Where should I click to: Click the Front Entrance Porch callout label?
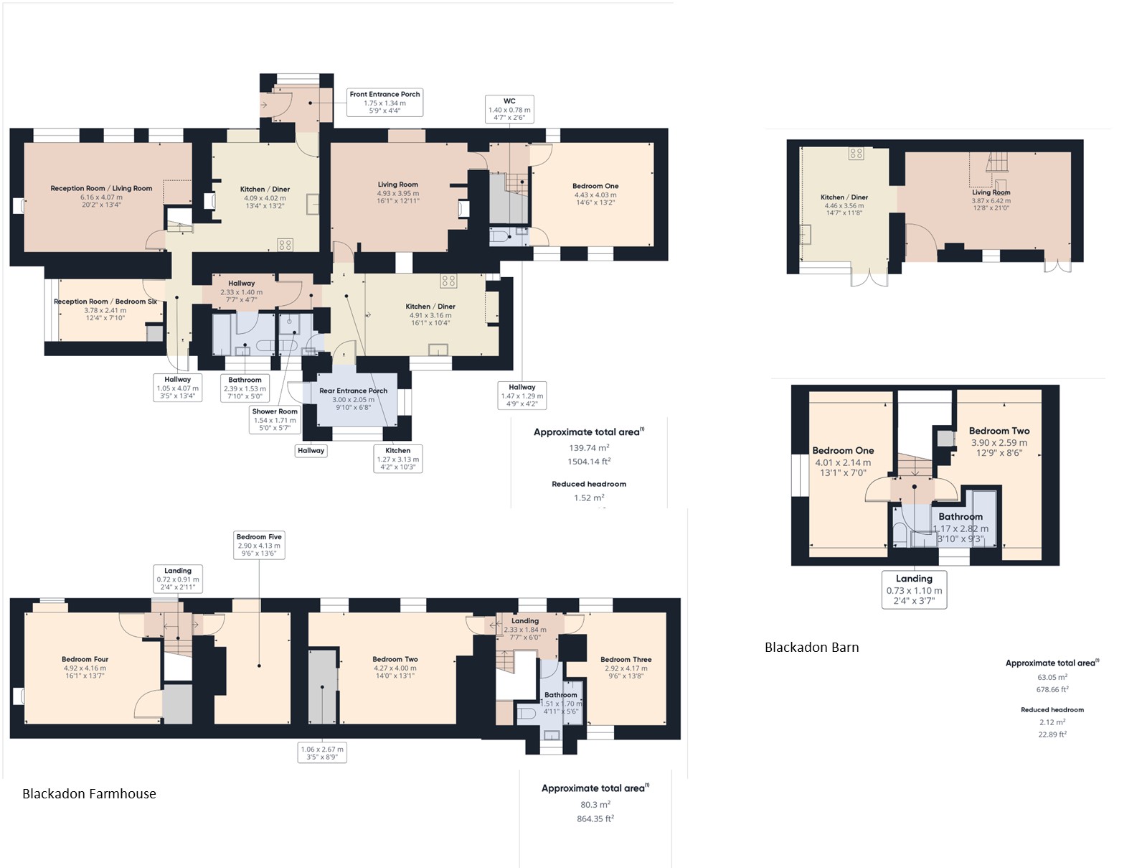point(384,103)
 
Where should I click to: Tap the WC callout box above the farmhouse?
point(509,109)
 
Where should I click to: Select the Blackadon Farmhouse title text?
point(89,793)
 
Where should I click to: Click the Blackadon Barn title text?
point(811,647)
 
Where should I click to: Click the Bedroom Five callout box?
point(259,546)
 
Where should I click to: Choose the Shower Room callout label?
point(274,420)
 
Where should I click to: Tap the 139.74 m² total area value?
point(588,447)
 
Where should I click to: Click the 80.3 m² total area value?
point(594,804)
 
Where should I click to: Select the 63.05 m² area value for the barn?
point(1052,677)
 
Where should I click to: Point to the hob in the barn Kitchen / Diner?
point(856,153)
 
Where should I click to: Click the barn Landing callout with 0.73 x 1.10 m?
point(914,589)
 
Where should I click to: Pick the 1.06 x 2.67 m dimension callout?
point(322,752)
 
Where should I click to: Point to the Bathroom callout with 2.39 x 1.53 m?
point(245,388)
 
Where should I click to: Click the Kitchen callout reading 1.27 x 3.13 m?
point(398,459)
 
